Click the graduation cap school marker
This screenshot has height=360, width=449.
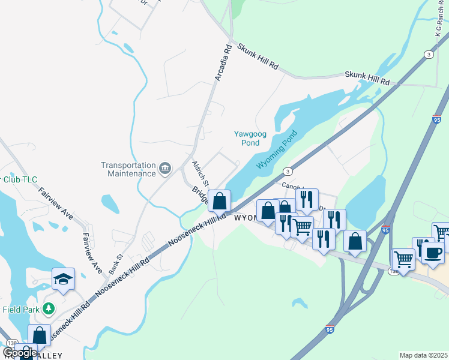(x=64, y=279)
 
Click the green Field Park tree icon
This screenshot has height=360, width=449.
(x=49, y=310)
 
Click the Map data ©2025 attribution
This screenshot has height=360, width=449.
(x=423, y=355)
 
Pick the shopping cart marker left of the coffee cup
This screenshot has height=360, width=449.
(x=403, y=259)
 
